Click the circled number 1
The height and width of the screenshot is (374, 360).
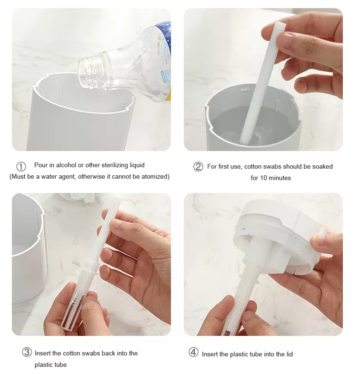[x=21, y=166]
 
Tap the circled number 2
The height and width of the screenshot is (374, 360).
[x=198, y=166]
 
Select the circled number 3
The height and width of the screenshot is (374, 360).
[x=27, y=352]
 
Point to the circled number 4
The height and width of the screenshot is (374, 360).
[x=193, y=352]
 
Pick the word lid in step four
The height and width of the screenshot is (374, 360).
[x=290, y=354]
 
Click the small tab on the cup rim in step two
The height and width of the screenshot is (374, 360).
[x=244, y=90]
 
